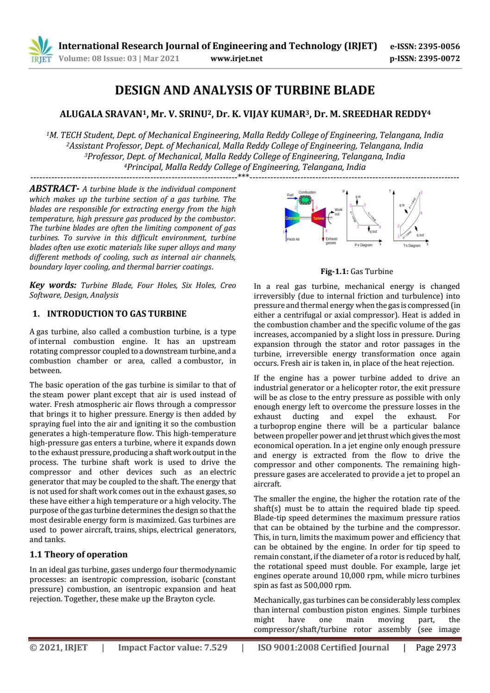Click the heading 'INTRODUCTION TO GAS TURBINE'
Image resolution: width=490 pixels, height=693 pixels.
[x=117, y=314]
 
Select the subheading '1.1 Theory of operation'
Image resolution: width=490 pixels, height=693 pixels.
[x=78, y=555]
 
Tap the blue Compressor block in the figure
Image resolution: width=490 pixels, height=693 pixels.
[x=292, y=218]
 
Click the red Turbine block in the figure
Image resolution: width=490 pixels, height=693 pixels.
[x=319, y=218]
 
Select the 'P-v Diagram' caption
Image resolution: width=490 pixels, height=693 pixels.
[x=363, y=245]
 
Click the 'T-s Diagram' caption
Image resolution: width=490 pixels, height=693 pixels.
[x=411, y=245]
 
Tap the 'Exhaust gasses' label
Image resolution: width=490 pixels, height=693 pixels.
[x=331, y=241]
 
